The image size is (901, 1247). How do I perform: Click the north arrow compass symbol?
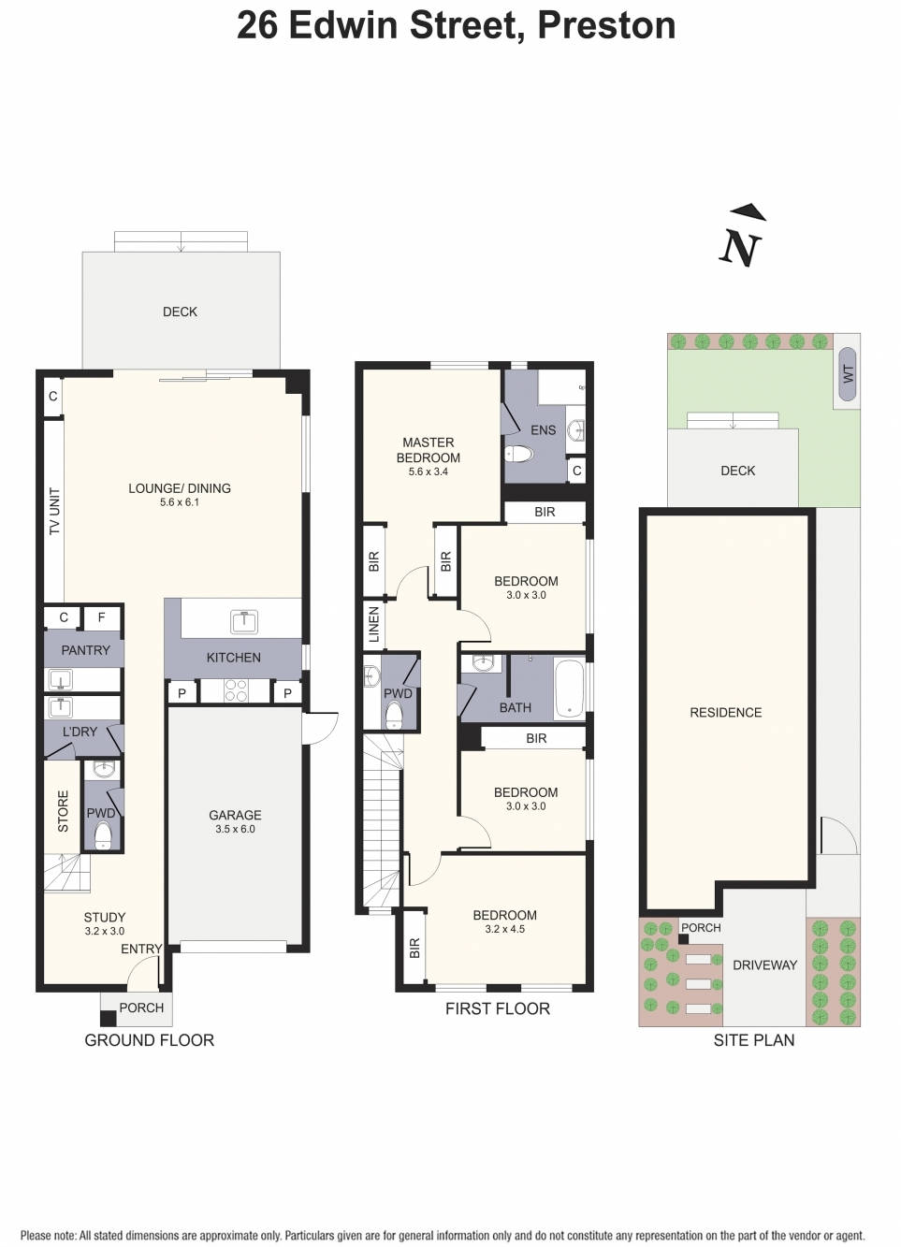click(x=741, y=239)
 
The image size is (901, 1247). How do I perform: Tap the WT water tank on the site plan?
click(x=848, y=373)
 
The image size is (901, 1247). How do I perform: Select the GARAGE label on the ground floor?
click(x=235, y=815)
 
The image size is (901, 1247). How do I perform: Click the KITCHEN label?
click(x=233, y=658)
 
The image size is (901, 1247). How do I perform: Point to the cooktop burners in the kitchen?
click(x=236, y=691)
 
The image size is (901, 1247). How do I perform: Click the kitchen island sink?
click(x=243, y=620)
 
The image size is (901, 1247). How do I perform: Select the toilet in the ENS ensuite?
click(x=517, y=455)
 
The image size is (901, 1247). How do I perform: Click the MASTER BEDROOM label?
click(x=429, y=450)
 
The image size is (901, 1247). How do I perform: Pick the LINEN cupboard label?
click(x=374, y=624)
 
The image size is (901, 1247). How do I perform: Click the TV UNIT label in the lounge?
click(x=54, y=511)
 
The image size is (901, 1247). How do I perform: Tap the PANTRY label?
click(x=85, y=650)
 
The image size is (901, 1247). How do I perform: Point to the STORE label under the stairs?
click(x=64, y=811)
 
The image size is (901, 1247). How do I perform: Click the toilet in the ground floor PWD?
click(x=103, y=835)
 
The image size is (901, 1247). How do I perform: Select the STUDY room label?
click(x=104, y=917)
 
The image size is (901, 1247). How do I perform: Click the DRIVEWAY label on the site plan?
click(x=764, y=964)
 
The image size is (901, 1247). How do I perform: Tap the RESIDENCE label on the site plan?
click(x=725, y=712)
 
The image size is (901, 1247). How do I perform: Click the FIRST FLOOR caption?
click(x=497, y=1008)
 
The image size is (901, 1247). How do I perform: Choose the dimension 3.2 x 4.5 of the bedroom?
click(x=504, y=929)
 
